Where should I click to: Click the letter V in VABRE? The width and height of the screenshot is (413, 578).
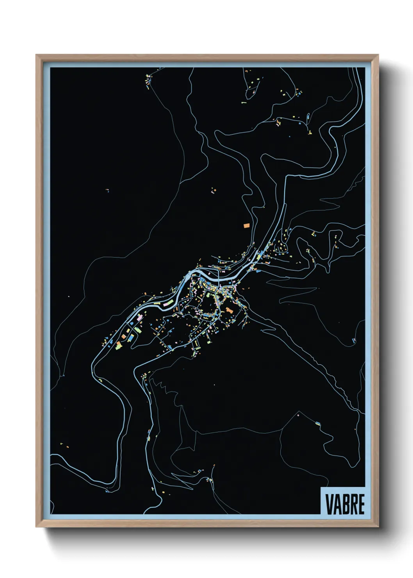[x=329, y=504]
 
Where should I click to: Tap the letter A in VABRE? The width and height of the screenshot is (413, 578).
[x=336, y=504]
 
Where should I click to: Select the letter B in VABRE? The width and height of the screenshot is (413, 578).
[x=345, y=504]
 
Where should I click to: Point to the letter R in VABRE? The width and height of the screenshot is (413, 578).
[x=353, y=504]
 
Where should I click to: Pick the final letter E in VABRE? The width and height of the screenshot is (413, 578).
[x=361, y=504]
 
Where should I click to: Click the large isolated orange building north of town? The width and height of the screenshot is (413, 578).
[x=246, y=225]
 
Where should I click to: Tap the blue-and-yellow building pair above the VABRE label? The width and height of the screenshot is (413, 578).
[x=318, y=423]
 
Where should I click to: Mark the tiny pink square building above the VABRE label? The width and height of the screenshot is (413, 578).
[x=298, y=413]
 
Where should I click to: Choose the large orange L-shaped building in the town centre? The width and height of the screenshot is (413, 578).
[x=229, y=310]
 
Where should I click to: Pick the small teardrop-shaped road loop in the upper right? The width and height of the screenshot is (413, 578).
[x=308, y=116]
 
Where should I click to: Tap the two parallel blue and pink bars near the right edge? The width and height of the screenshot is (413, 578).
[x=354, y=340]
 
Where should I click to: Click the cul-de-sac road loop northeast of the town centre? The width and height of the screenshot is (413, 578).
[x=282, y=247]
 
